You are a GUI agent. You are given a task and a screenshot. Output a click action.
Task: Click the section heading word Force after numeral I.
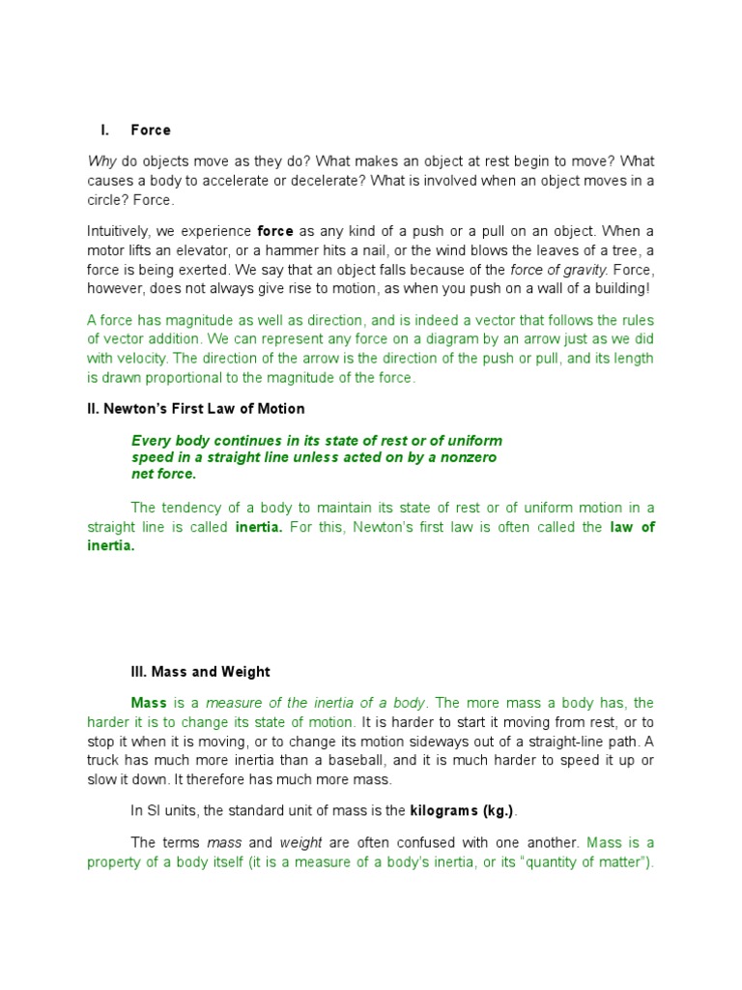coord(151,131)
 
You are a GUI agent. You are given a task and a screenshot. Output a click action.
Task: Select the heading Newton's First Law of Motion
coord(196,409)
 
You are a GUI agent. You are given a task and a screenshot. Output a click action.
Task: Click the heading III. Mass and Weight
coord(200,672)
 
